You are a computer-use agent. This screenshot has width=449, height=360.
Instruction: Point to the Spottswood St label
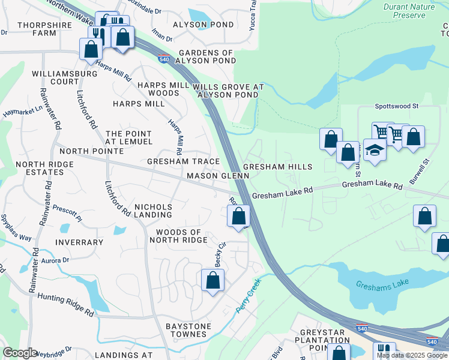click(x=396, y=106)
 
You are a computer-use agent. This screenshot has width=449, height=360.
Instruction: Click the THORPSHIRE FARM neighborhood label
click(x=37, y=29)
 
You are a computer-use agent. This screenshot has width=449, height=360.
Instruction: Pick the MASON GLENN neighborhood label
click(x=217, y=176)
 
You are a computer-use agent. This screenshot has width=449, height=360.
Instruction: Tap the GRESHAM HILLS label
click(x=277, y=166)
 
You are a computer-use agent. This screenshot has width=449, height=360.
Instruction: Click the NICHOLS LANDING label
click(x=153, y=211)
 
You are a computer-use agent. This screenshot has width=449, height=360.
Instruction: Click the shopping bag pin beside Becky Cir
click(x=212, y=280)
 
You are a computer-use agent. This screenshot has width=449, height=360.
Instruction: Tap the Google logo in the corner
click(x=20, y=353)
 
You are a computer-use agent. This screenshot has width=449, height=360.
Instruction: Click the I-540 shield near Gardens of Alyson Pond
click(x=164, y=59)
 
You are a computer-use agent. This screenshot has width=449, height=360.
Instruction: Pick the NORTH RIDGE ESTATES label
click(x=40, y=168)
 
